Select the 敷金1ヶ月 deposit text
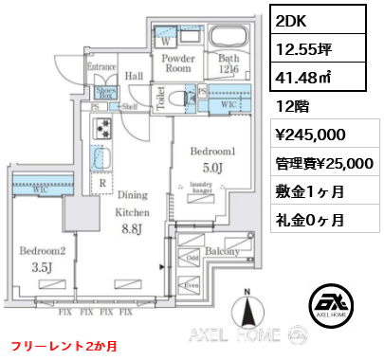(x=307, y=191)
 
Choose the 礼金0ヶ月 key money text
(x=307, y=220)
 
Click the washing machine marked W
(x=168, y=41)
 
